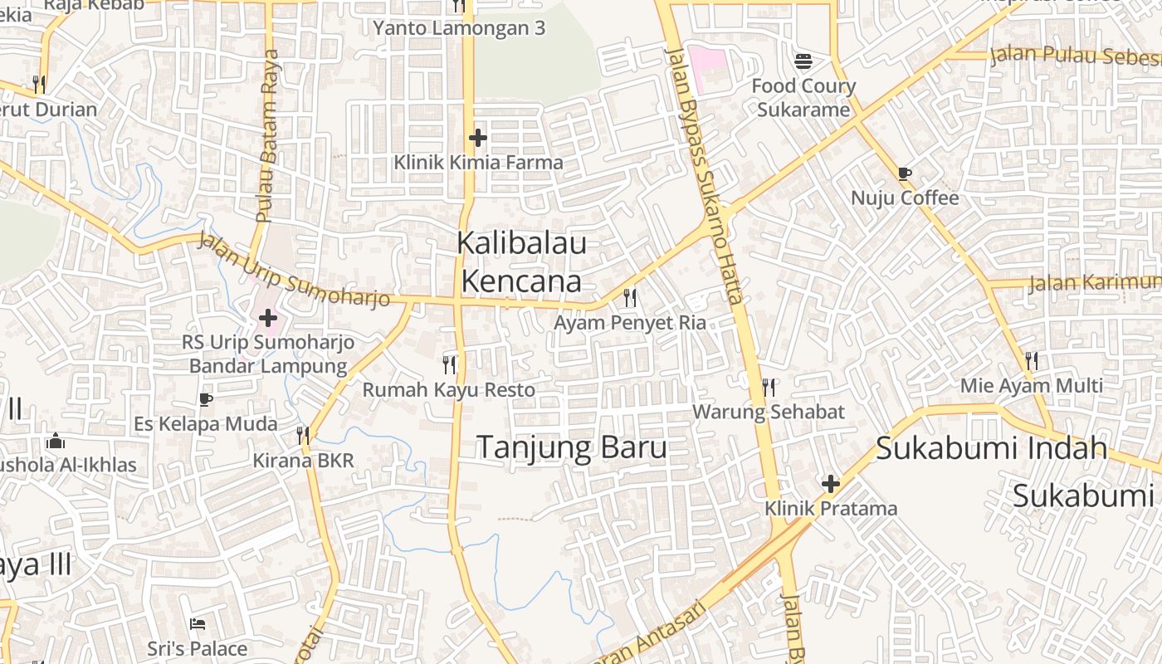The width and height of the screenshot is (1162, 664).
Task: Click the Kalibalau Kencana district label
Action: [521, 262]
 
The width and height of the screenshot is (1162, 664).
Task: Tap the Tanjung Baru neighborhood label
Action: [572, 447]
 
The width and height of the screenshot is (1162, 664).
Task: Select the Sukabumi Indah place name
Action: [991, 448]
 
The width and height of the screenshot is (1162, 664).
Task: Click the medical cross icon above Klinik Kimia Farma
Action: [477, 137]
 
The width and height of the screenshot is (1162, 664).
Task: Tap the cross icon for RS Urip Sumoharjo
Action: [267, 317]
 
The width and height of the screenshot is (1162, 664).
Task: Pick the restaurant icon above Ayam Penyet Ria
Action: [630, 297]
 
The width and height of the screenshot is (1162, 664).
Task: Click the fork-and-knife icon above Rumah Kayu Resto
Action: [449, 364]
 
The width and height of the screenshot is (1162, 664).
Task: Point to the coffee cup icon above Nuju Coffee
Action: [904, 173]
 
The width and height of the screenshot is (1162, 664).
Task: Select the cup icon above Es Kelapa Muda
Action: [205, 399]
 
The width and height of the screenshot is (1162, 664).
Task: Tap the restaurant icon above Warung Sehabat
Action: [769, 387]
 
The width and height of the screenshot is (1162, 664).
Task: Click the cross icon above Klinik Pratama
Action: [830, 483]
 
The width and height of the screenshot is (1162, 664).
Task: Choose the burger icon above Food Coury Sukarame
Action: [803, 61]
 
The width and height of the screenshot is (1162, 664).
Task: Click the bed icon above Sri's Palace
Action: [197, 623]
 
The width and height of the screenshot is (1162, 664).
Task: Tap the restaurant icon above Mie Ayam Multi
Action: [1031, 360]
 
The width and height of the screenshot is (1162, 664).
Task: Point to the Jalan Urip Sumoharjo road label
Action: [295, 271]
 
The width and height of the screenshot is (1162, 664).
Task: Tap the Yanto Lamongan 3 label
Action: [459, 28]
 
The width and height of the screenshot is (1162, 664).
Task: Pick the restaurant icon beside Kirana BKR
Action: [303, 435]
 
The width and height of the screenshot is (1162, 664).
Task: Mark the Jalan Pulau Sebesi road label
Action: [1075, 56]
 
